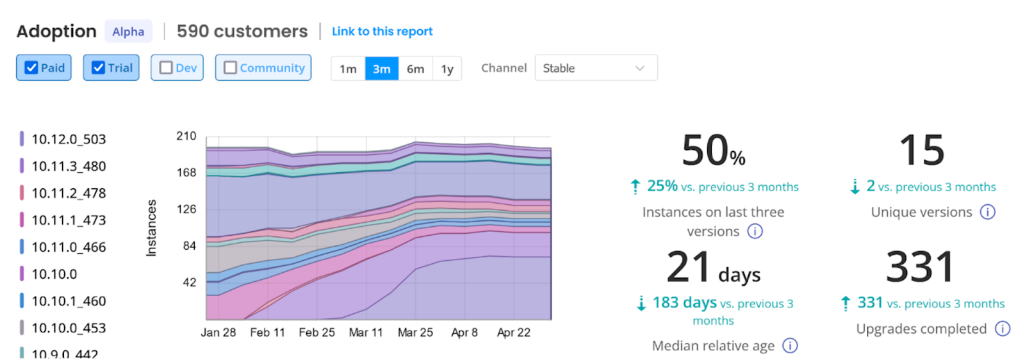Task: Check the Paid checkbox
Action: pyautogui.click(x=31, y=68)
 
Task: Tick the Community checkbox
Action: pyautogui.click(x=231, y=68)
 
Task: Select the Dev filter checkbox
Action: pyautogui.click(x=166, y=68)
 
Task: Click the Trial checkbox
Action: pyautogui.click(x=98, y=68)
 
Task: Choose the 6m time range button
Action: pyautogui.click(x=415, y=69)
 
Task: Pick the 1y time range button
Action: pyautogui.click(x=447, y=69)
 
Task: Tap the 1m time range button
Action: pyautogui.click(x=348, y=69)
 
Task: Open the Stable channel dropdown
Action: pyautogui.click(x=596, y=68)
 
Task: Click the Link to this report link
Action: pyautogui.click(x=382, y=31)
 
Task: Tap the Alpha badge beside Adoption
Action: pyautogui.click(x=128, y=31)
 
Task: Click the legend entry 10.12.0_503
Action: pyautogui.click(x=69, y=139)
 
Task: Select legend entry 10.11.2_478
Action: pyautogui.click(x=69, y=193)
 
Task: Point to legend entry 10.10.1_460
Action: pyautogui.click(x=69, y=301)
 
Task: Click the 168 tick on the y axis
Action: pyautogui.click(x=186, y=172)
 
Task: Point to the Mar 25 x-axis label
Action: pyautogui.click(x=415, y=332)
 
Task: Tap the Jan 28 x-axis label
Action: pyautogui.click(x=218, y=332)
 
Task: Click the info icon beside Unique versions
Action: pyautogui.click(x=988, y=212)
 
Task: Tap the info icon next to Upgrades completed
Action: pyautogui.click(x=1002, y=329)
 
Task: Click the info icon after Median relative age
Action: pyautogui.click(x=791, y=346)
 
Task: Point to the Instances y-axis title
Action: pyautogui.click(x=151, y=228)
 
